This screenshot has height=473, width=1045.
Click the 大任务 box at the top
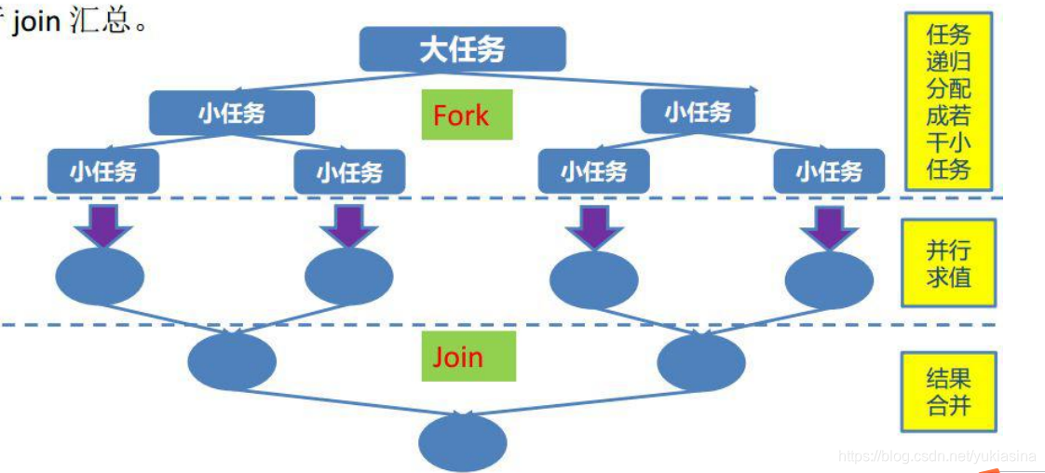(462, 49)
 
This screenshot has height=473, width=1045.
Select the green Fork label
(467, 115)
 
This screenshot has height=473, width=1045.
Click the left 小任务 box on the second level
(232, 113)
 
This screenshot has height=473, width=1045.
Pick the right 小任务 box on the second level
(699, 113)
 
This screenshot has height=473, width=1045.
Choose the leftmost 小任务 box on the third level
(103, 171)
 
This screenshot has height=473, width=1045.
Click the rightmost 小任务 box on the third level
(828, 171)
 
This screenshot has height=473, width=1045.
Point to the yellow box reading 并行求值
(948, 264)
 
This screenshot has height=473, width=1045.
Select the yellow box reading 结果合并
(948, 391)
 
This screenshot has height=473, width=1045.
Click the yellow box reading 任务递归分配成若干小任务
(948, 101)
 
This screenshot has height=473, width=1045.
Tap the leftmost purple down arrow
(103, 225)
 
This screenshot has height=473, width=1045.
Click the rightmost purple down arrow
(828, 225)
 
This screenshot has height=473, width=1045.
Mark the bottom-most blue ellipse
(462, 443)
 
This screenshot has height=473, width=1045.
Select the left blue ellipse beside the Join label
(232, 361)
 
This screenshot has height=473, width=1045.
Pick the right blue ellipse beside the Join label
(700, 361)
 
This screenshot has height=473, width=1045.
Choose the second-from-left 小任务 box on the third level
(349, 171)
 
